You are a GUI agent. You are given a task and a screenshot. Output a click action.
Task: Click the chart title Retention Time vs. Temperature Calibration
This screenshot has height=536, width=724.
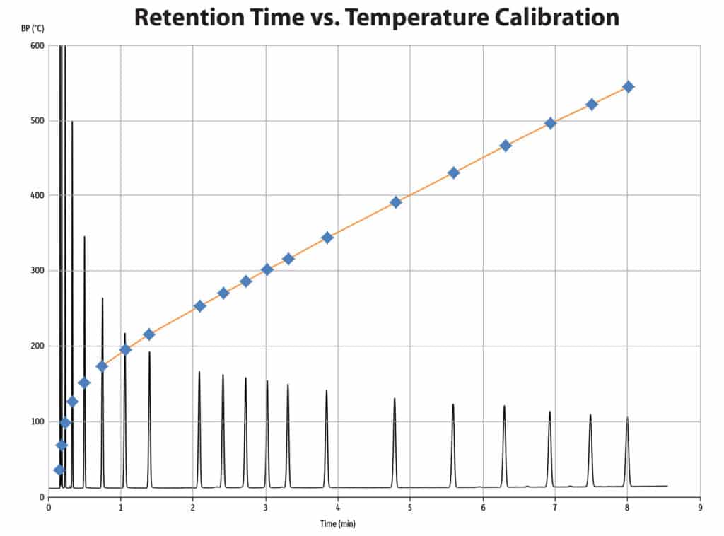coord(376,17)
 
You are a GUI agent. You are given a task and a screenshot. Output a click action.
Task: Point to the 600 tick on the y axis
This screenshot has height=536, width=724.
coord(36,46)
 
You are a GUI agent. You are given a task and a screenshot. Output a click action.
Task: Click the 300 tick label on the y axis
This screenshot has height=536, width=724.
coord(36,271)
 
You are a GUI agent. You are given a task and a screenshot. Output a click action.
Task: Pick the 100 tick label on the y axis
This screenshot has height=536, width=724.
coord(36,421)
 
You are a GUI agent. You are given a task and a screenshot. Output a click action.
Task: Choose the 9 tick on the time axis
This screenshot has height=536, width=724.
coord(700,507)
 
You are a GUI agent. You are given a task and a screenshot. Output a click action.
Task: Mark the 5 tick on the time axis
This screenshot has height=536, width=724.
coord(410,507)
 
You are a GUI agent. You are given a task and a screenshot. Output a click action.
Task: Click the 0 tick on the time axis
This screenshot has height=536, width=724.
coord(49,507)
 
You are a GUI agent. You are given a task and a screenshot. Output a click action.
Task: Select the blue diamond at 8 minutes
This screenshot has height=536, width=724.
coord(628,87)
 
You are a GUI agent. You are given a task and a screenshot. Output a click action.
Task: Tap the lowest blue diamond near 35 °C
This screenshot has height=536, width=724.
coord(59,470)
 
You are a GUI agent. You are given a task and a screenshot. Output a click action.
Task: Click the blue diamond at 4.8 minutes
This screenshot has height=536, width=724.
coord(396,202)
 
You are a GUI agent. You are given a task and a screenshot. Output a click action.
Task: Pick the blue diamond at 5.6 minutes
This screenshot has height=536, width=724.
coord(454,173)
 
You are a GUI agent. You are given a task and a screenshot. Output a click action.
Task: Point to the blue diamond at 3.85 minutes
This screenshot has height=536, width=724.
coord(327,238)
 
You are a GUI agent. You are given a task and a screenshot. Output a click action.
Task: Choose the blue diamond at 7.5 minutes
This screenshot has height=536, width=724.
coord(592,105)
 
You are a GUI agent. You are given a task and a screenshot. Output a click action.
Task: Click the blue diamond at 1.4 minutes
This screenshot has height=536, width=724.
coord(149,334)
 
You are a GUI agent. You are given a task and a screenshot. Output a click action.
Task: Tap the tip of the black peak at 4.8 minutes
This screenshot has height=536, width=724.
coord(395,399)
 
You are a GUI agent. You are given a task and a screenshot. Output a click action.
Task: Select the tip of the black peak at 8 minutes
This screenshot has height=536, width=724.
coord(627,418)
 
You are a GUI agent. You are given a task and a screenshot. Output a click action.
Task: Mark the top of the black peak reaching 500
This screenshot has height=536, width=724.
coord(72,122)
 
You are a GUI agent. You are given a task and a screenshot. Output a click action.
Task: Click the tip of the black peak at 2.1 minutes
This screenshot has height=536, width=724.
coord(199,371)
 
